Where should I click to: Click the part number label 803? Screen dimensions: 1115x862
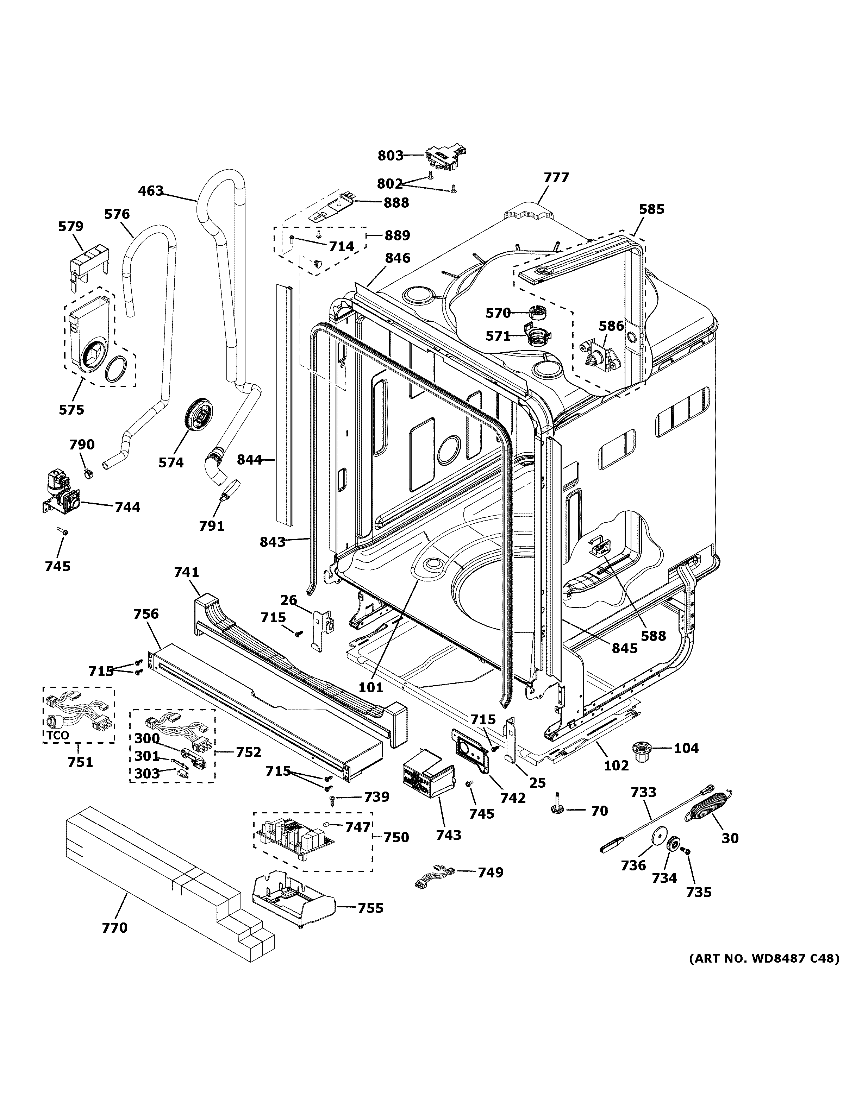pyautogui.click(x=390, y=155)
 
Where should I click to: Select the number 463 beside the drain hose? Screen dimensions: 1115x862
pyautogui.click(x=151, y=191)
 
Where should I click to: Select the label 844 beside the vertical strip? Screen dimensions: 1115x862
pyautogui.click(x=249, y=459)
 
